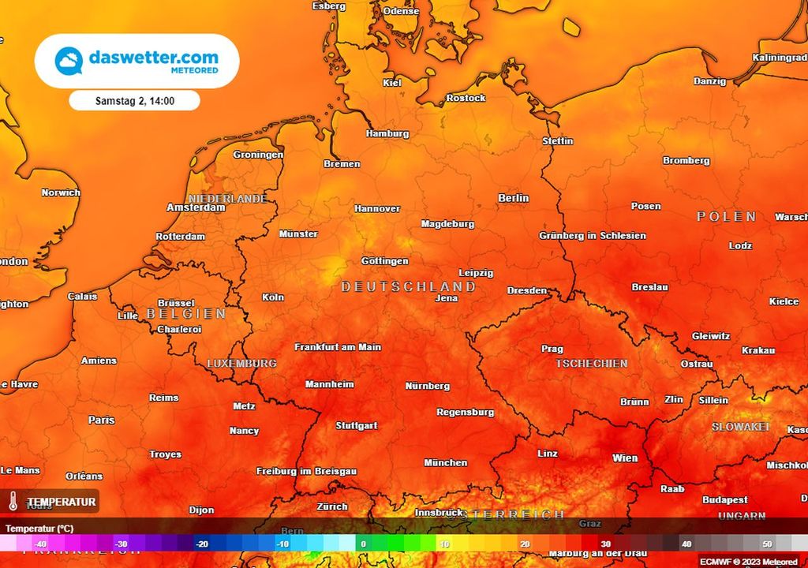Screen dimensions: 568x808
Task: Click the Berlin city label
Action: tap(513, 198)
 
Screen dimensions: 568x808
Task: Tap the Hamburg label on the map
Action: tap(387, 133)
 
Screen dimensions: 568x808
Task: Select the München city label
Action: tap(445, 463)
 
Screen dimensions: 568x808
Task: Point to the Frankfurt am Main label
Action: tap(338, 347)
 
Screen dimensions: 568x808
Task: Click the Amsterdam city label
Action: tap(196, 207)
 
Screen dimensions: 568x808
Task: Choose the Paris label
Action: tap(101, 420)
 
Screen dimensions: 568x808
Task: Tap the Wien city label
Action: tap(625, 458)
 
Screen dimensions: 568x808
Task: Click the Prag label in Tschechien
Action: tap(552, 349)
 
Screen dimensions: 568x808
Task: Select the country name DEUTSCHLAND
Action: tap(408, 286)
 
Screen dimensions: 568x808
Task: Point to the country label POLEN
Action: tap(727, 217)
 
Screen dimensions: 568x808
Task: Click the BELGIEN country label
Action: tap(186, 314)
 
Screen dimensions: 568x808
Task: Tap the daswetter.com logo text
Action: tap(153, 58)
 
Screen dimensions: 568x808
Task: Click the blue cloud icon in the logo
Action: tap(69, 61)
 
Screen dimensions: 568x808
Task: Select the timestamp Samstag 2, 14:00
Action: tap(134, 101)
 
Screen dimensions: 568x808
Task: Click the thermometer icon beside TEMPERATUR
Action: tap(13, 502)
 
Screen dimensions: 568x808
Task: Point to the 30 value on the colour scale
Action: tap(605, 544)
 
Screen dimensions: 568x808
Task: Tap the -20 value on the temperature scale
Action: tap(202, 544)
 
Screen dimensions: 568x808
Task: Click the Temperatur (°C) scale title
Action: tap(39, 528)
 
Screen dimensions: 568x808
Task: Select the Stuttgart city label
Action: tap(357, 426)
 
